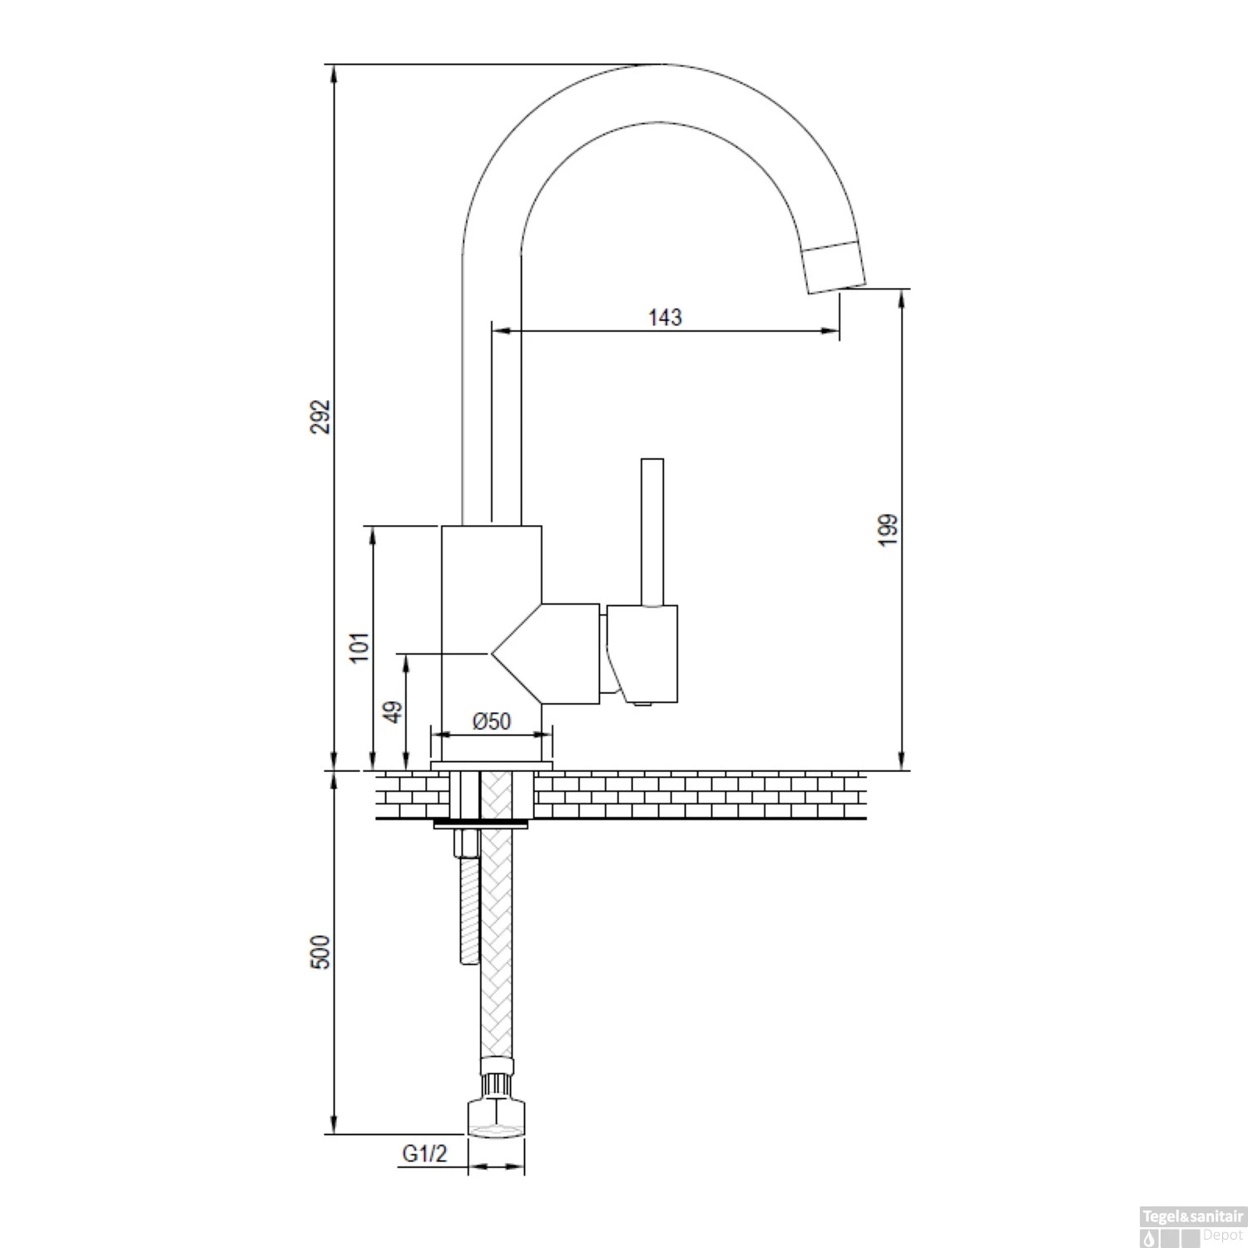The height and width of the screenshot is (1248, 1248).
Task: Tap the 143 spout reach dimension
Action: (x=665, y=317)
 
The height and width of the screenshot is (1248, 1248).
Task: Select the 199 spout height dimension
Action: (x=888, y=530)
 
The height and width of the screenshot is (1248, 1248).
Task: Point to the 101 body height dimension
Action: (x=359, y=647)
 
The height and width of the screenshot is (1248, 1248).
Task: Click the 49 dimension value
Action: (x=394, y=711)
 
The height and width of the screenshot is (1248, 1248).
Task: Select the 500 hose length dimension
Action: (x=321, y=952)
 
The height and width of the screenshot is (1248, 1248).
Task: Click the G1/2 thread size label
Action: (x=425, y=1154)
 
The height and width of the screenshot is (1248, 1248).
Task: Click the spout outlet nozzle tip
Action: (x=834, y=266)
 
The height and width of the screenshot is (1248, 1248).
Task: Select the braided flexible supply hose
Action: (x=498, y=940)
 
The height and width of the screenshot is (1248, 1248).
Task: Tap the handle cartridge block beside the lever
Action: (x=642, y=654)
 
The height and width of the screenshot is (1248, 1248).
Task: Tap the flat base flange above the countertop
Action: (x=492, y=765)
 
